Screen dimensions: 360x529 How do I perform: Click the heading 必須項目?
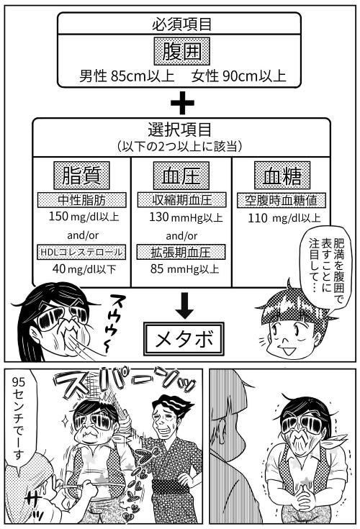(181, 24)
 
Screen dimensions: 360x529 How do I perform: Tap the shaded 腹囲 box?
(182, 51)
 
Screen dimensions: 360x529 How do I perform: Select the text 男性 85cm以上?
(127, 76)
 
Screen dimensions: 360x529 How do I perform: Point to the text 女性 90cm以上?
(238, 76)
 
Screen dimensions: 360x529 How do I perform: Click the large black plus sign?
(182, 103)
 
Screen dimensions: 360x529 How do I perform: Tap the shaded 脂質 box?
(81, 176)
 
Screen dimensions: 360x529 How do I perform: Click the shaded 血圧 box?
(181, 176)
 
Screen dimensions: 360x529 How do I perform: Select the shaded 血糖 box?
(282, 176)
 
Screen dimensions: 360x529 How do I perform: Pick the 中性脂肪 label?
(81, 200)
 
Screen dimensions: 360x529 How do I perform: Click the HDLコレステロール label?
(81, 252)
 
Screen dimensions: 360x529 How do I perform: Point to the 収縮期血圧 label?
(181, 200)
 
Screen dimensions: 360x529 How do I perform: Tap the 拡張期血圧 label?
(181, 252)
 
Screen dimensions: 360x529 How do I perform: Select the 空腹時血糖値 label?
(282, 200)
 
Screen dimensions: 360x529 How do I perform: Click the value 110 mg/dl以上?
(284, 218)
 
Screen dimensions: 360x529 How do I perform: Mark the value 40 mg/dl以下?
(84, 269)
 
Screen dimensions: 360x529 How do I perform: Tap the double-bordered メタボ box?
(184, 339)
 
